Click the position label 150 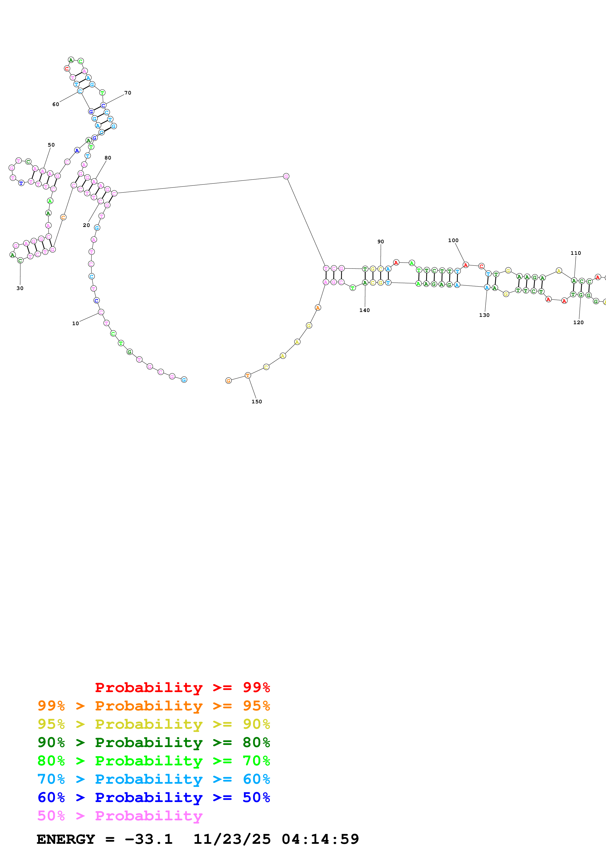256,402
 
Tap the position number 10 76,324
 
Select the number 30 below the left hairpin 20,288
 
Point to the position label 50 51,145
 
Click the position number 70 128,93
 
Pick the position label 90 380,242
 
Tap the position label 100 453,240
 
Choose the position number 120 578,322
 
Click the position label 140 364,310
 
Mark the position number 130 484,315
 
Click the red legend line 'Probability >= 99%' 182,687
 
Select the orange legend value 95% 256,706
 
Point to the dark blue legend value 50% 256,797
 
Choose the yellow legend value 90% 256,724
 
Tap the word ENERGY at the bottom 66,839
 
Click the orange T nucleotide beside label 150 248,375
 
